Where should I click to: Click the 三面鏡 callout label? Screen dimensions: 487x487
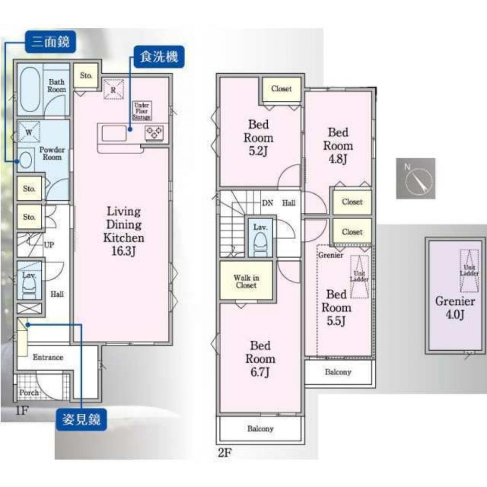coord(50,41)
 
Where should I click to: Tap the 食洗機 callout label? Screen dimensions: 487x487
coord(159,57)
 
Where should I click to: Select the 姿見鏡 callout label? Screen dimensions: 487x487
coord(81,419)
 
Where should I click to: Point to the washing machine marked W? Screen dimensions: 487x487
coord(29,132)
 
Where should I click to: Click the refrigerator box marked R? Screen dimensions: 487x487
coord(113,90)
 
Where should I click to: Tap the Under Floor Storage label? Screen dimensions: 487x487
coord(142,111)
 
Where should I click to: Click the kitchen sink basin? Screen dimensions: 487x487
coord(114,133)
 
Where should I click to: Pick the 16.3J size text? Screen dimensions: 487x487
coord(123,251)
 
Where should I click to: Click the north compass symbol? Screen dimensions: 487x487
coord(415,178)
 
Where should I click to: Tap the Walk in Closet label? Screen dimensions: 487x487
coord(246,281)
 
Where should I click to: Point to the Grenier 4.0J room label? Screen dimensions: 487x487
coord(455,307)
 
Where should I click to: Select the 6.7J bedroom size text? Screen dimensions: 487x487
coord(260,372)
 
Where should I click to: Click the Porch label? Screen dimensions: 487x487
coord(29,393)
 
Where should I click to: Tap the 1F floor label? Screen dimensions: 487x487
coord(22,411)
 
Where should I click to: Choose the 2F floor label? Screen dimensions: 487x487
coord(225,452)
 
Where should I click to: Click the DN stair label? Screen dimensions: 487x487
coord(267,203)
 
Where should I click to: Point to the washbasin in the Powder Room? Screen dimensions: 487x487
coord(25,160)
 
